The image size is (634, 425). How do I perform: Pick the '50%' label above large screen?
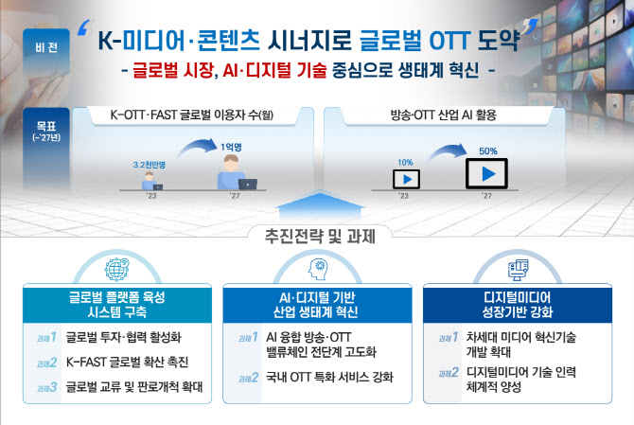click(x=487, y=151)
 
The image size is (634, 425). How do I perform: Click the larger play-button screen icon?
click(x=486, y=173)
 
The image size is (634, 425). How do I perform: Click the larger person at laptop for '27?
click(x=233, y=173)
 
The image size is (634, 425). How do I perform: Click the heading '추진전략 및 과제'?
click(x=316, y=234)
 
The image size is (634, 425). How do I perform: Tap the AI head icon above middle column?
click(x=317, y=269)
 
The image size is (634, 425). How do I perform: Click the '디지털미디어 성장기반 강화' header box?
click(x=517, y=303)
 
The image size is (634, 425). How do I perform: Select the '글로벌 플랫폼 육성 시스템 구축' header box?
click(x=115, y=303)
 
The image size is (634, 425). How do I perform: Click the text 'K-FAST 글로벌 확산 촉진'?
click(x=128, y=362)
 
